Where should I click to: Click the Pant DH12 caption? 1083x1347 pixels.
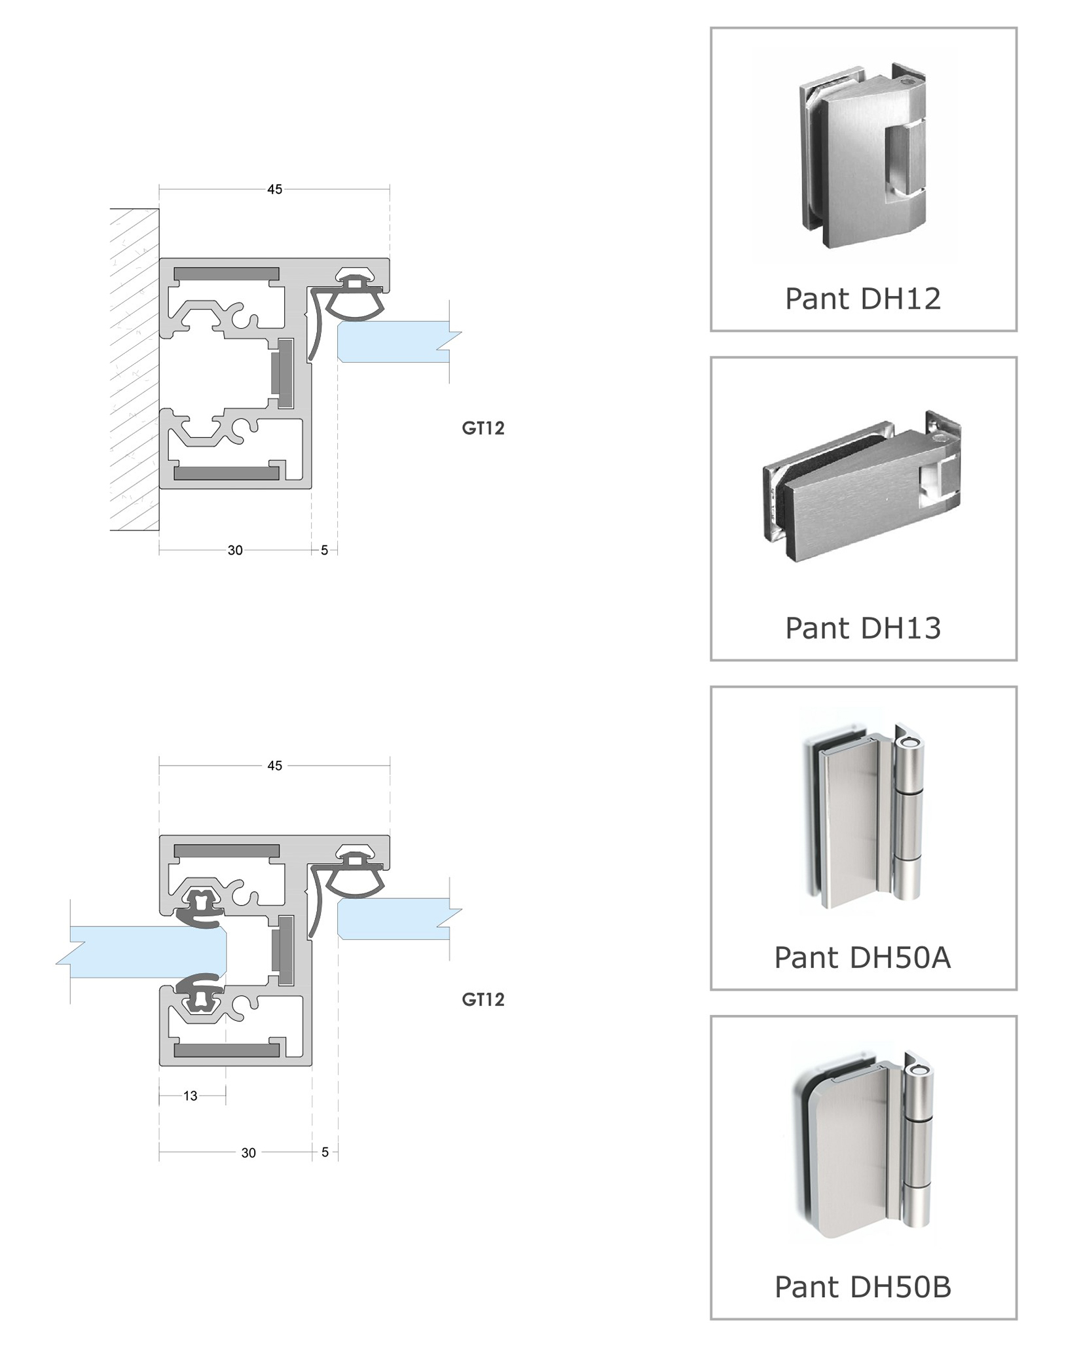click(862, 299)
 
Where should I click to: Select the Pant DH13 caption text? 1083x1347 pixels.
click(862, 628)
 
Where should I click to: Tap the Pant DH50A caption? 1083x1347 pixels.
click(862, 957)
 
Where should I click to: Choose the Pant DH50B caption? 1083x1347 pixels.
click(862, 1287)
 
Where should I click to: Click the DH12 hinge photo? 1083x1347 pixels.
click(862, 157)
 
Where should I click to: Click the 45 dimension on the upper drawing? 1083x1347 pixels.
click(274, 189)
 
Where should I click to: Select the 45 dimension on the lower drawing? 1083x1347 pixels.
click(274, 766)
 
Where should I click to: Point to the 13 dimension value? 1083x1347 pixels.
click(190, 1096)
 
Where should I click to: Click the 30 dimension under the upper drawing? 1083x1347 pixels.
click(235, 551)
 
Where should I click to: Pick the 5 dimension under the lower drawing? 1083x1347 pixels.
click(325, 1153)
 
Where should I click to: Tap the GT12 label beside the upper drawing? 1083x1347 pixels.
click(483, 428)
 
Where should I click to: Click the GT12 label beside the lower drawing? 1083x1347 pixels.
click(483, 1000)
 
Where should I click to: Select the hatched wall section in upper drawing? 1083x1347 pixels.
click(134, 369)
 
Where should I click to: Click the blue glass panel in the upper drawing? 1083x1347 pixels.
click(393, 341)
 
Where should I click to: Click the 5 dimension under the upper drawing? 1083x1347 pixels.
click(324, 551)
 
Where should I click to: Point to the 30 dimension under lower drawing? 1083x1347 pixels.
click(248, 1153)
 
